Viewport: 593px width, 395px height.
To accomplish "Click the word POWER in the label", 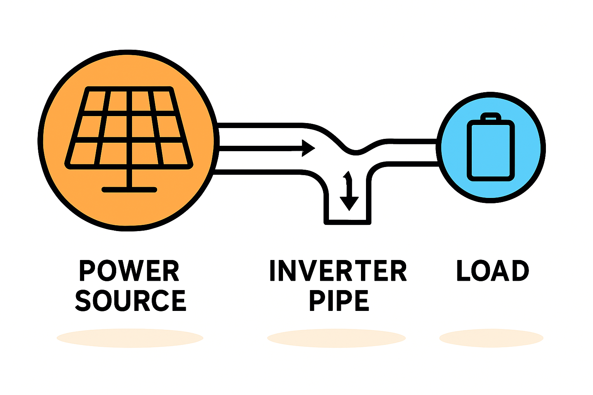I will pos(129,271).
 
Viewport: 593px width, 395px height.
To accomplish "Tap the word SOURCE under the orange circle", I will pos(130,301).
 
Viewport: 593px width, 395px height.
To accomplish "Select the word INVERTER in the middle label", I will pos(338,271).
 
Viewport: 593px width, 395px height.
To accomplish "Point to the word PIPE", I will pos(339,301).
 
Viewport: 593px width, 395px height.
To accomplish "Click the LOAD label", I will pos(492,271).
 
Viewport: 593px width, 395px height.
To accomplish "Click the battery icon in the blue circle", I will pos(491,150).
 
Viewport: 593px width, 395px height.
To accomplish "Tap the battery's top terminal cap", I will pos(490,116).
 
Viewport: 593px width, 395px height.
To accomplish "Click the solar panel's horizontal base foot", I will pos(129,189).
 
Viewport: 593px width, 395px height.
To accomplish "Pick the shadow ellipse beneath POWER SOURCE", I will pos(130,338).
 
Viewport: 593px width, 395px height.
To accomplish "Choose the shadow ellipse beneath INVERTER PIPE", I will pos(336,338).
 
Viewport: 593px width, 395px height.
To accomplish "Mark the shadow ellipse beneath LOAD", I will pos(491,338).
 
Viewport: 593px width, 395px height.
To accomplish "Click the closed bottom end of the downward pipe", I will pos(347,222).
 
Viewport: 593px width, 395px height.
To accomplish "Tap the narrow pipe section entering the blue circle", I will pos(415,153).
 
